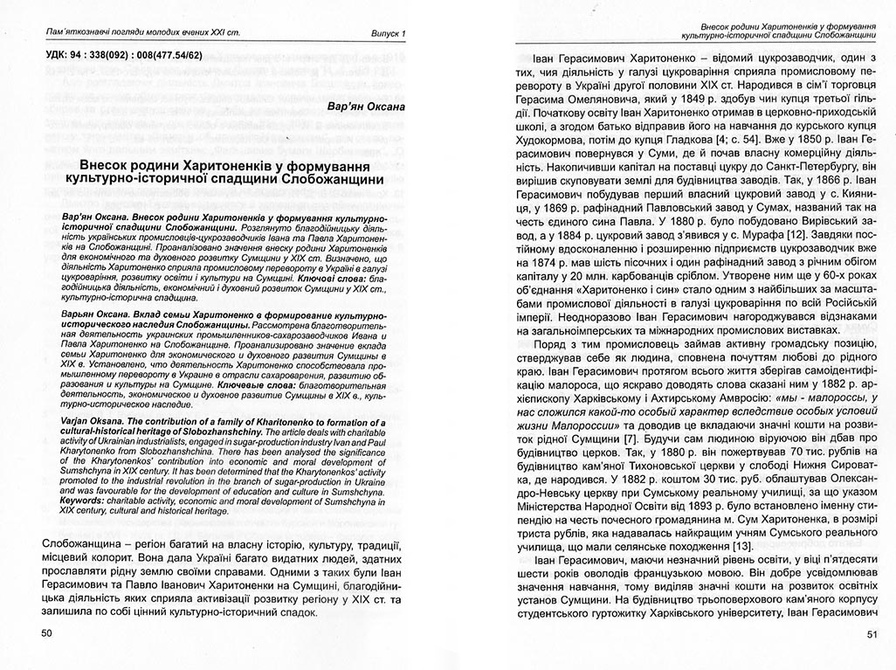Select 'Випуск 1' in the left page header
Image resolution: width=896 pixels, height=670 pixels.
tap(386, 34)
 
